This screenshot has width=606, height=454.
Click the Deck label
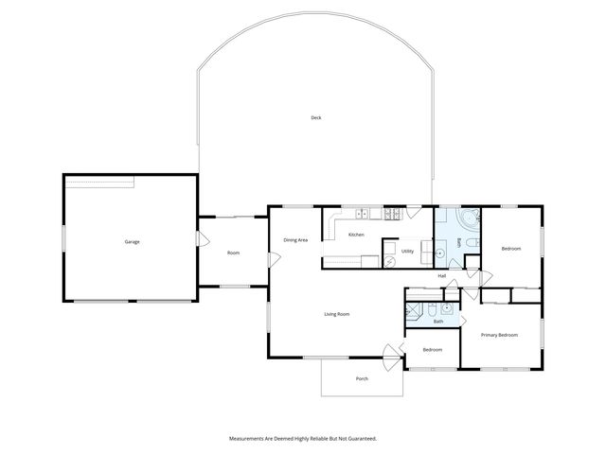315,117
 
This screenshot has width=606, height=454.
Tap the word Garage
132,242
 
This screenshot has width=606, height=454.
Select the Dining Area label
295,240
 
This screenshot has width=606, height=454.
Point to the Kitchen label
356,235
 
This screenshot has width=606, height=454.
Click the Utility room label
407,252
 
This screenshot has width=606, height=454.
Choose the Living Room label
337,314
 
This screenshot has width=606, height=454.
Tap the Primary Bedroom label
498,335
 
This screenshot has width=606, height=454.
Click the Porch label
362,379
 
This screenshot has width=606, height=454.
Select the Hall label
442,276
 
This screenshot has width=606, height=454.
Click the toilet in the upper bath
475,248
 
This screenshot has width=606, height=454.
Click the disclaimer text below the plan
303,439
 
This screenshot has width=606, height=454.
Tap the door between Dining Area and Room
271,258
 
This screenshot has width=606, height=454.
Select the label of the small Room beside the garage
233,253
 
